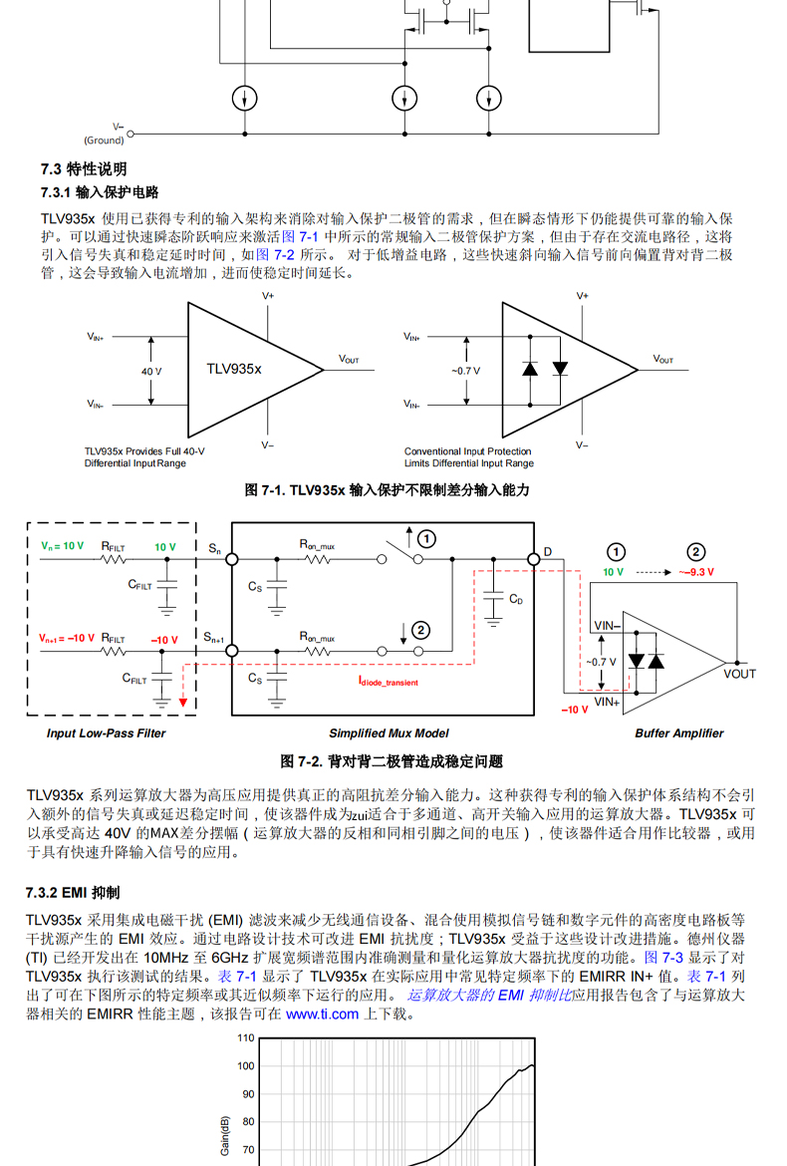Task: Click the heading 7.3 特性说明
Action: coord(83,168)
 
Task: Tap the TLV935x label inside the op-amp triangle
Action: coord(234,369)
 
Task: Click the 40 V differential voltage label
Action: coord(151,371)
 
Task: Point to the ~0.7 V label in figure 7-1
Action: coord(465,371)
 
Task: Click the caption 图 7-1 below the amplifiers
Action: coord(388,490)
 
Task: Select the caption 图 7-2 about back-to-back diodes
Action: coord(392,761)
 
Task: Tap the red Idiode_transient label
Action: coord(389,683)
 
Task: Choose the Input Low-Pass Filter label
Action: coord(107,733)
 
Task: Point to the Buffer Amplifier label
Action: coord(679,733)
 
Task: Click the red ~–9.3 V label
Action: coord(697,572)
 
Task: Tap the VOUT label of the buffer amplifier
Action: coord(739,674)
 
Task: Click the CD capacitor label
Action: coord(516,599)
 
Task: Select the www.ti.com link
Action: coord(322,1015)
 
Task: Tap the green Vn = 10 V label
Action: coord(63,546)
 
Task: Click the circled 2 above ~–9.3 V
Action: coord(696,552)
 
